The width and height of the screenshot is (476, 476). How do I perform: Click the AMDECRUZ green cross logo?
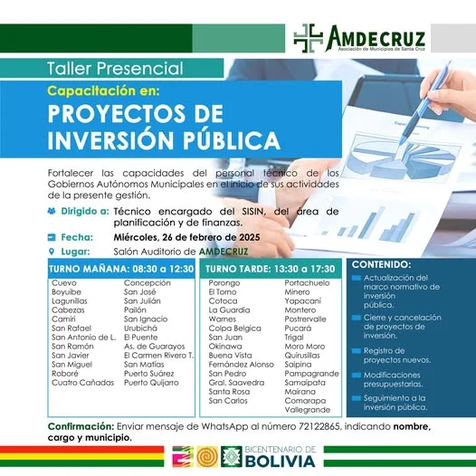[309, 38]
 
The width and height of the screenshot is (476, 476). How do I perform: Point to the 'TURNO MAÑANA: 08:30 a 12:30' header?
[121, 269]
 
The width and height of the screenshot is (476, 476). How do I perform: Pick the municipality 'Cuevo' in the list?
[65, 282]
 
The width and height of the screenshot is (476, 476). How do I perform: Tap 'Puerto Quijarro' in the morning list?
[151, 382]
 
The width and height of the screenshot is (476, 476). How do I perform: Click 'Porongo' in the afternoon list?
[224, 282]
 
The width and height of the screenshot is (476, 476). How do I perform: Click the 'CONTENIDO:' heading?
[382, 264]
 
